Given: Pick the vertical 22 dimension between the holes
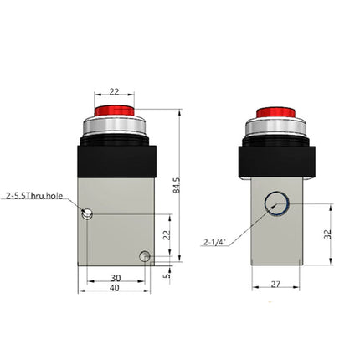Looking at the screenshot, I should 167,236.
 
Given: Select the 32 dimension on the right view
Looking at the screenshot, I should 328,236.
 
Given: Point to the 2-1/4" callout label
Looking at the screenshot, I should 214,243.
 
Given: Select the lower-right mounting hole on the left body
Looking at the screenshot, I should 146,255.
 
